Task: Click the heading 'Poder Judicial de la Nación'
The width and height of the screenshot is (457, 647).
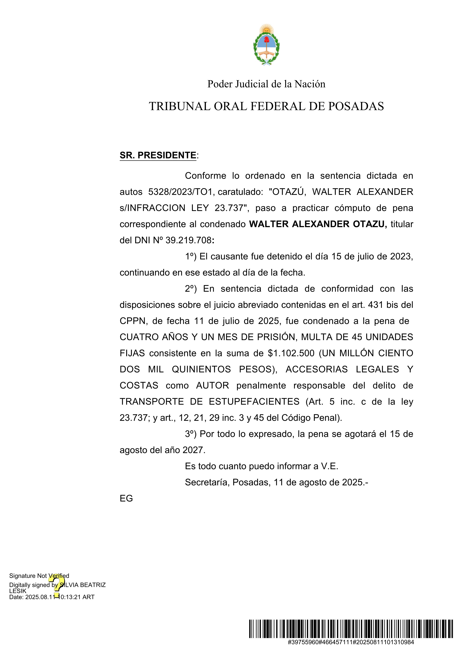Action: tap(266, 84)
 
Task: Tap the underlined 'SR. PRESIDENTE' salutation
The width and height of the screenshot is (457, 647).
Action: tap(158, 155)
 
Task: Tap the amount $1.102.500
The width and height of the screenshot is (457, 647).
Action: tap(291, 353)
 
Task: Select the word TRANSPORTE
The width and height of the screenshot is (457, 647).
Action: tap(152, 402)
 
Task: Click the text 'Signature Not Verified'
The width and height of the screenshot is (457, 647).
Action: tap(39, 576)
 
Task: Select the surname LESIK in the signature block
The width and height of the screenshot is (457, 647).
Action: tap(18, 591)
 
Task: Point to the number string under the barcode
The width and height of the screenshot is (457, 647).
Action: tap(351, 642)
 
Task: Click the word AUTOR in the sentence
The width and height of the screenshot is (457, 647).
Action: tap(212, 385)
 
